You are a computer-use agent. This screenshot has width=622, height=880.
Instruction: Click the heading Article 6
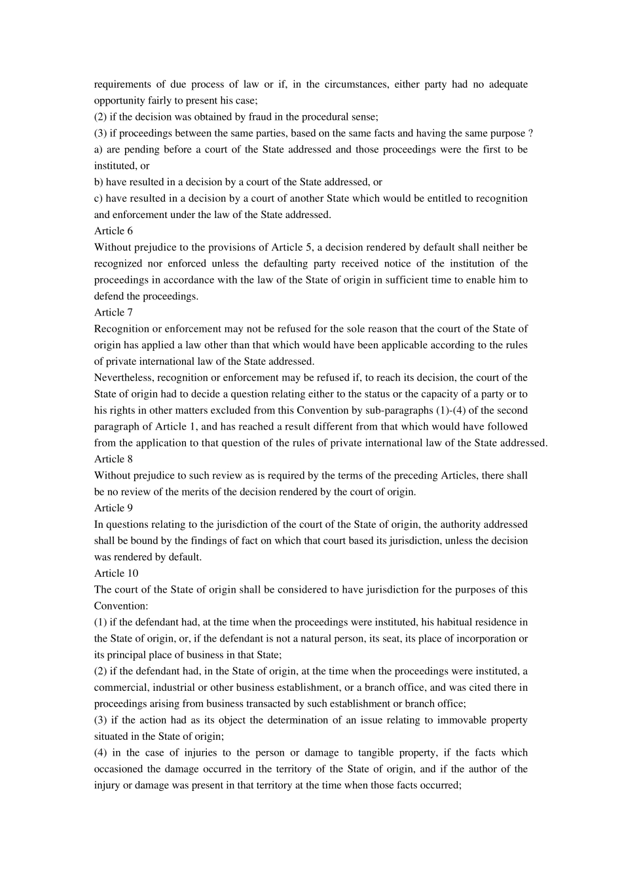(x=113, y=231)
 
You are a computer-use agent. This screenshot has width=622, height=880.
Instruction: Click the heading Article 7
(x=113, y=312)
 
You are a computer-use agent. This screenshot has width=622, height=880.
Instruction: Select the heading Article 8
(x=113, y=459)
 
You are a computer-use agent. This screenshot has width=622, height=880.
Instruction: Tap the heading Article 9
(x=113, y=508)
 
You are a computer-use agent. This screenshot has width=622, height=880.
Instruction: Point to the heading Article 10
(x=116, y=574)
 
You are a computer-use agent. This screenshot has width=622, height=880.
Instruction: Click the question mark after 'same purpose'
(x=530, y=134)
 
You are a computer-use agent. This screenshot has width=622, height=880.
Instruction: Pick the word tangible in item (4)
(x=363, y=753)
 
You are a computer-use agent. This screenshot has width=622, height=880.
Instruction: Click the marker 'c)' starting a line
(x=98, y=198)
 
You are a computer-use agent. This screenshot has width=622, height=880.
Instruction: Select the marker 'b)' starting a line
(x=99, y=182)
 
